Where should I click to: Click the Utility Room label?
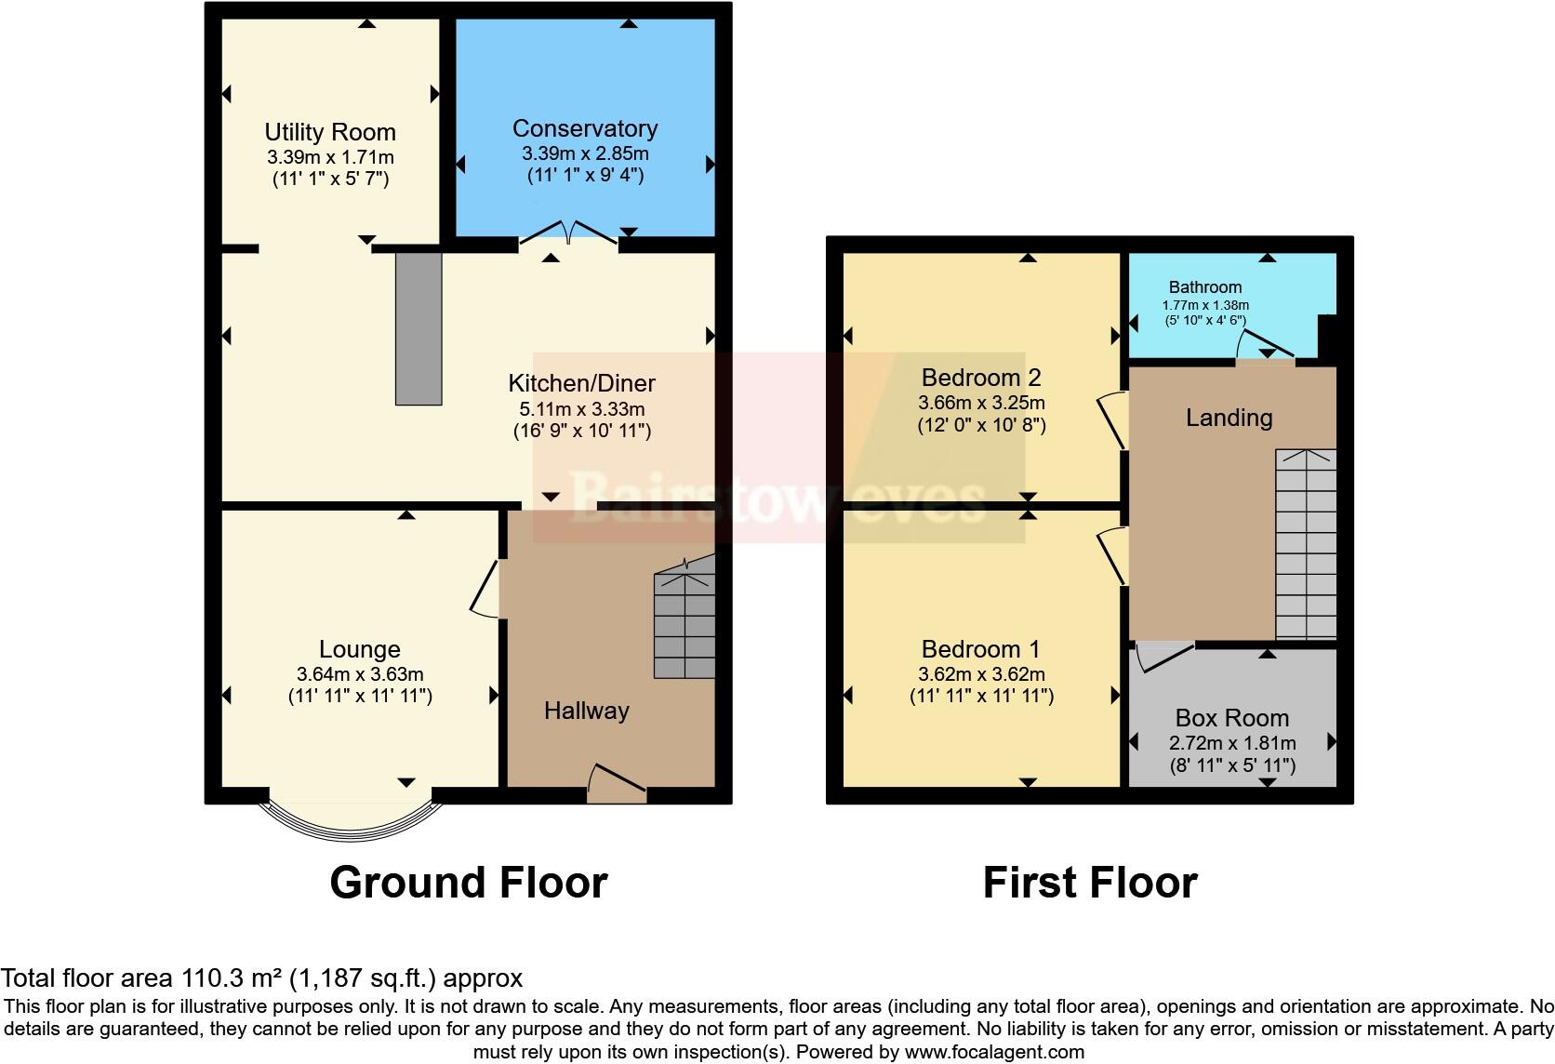[330, 132]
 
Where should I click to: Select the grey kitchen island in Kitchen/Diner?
[419, 327]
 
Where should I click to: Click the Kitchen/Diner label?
[581, 383]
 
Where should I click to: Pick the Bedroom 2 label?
[981, 378]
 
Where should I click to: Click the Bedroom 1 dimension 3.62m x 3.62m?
[981, 674]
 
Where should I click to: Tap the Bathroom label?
[1205, 287]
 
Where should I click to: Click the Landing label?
[1229, 418]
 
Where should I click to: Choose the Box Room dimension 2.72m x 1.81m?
[1232, 743]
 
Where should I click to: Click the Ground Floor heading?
[469, 882]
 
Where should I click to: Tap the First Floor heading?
[1090, 882]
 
